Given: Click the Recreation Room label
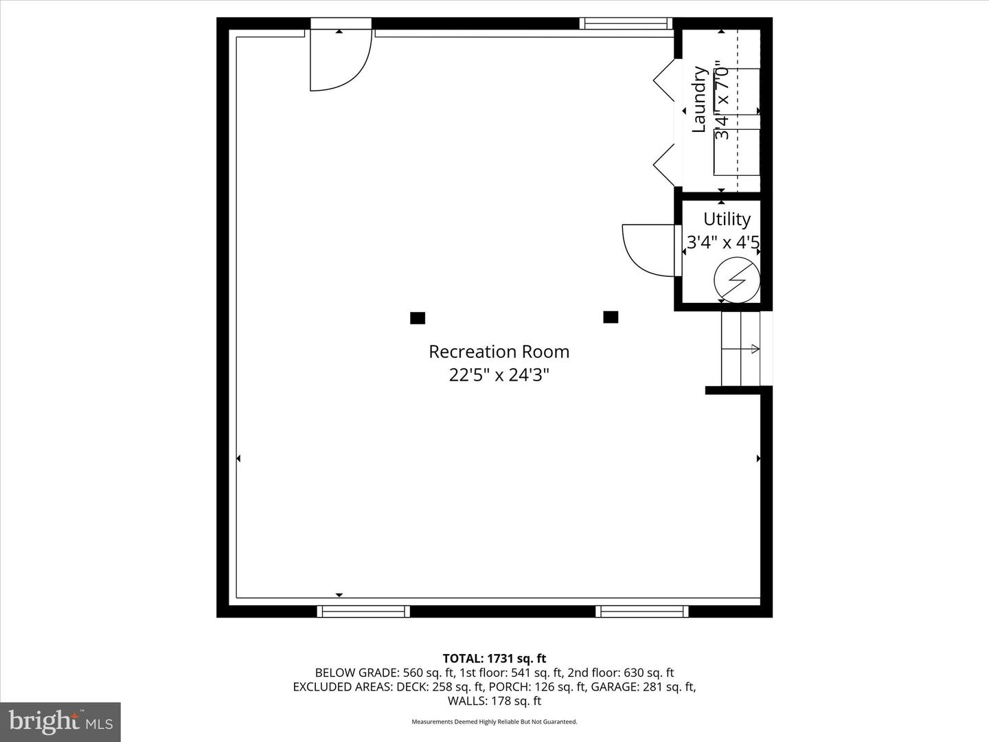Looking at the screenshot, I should coord(499,352).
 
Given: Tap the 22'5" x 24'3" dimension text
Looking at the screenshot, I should coord(499,375).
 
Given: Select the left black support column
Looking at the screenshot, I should coord(418,318).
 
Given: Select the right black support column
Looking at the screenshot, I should coord(611,317).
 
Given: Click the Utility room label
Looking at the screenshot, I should coord(727,219).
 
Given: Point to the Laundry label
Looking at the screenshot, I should coord(699,100).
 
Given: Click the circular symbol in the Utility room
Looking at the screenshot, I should coord(737,280).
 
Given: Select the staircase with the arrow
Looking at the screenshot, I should coord(740,349).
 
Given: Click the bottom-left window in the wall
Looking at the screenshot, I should coord(363,611).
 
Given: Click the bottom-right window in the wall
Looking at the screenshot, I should coord(642,611).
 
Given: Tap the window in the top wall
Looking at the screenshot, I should coord(626,23).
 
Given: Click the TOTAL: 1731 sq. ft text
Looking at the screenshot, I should coord(494,659).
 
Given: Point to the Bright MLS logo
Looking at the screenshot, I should coord(60,721).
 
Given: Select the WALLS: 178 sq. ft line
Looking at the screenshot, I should coord(494,701).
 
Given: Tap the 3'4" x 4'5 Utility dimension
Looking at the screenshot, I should coord(723,243).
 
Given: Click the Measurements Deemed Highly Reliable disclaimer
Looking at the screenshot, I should coord(494,722).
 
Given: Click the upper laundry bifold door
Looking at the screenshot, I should coord(664,80).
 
